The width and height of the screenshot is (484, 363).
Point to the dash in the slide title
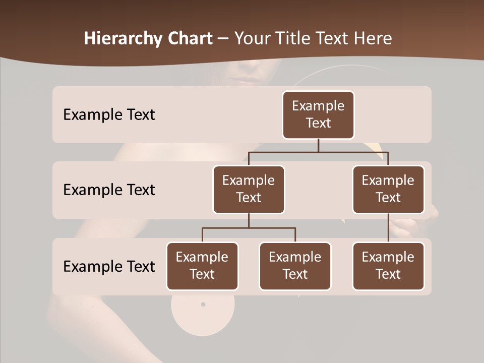coord(223,39)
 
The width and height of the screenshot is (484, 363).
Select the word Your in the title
coord(251,39)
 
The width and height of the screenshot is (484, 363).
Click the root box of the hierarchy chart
coord(318,114)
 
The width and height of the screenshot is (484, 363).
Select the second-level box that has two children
coord(249,189)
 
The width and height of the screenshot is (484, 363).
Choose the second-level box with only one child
coord(388,189)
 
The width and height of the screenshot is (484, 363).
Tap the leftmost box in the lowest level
coord(202,266)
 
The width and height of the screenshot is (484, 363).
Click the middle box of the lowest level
coord(295,266)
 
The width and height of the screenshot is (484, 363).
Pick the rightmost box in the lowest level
coord(388,266)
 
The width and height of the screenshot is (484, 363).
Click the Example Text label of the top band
coord(109,115)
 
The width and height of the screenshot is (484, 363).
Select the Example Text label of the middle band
coord(109,190)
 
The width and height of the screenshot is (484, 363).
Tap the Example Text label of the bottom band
coord(109,266)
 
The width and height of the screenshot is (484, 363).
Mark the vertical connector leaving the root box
coord(318,145)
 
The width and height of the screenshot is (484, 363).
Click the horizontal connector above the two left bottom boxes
coord(249,228)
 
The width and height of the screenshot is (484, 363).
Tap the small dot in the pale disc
coord(203,305)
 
